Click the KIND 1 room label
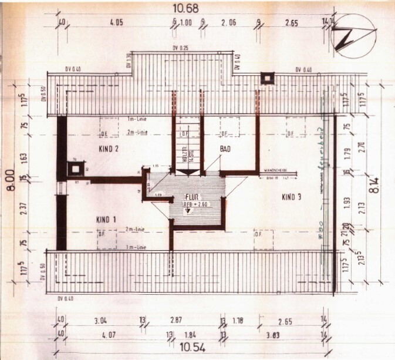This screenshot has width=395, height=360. (106, 219)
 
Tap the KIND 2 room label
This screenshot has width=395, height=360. (109, 149)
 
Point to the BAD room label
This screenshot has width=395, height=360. (225, 149)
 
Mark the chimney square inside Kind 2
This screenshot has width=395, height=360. (75, 169)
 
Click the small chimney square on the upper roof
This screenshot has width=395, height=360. (268, 78)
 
